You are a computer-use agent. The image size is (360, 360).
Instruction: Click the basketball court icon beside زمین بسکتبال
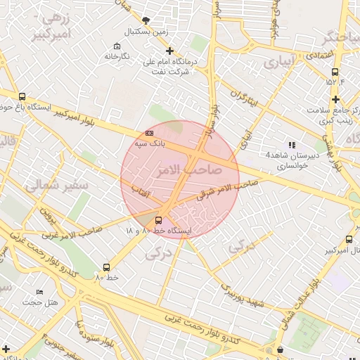146,20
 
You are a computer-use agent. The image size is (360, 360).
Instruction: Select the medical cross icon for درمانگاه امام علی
169,51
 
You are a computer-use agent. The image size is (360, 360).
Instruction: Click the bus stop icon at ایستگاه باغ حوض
22,97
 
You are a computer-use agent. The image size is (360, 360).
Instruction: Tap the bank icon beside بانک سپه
148,132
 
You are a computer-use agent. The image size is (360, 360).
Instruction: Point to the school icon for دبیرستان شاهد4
292,145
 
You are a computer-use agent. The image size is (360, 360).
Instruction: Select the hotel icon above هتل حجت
39,292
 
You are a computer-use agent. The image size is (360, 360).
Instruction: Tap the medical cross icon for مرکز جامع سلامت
336,99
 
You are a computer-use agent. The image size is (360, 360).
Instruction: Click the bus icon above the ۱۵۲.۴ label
335,72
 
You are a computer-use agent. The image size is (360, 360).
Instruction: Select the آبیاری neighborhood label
281,63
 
